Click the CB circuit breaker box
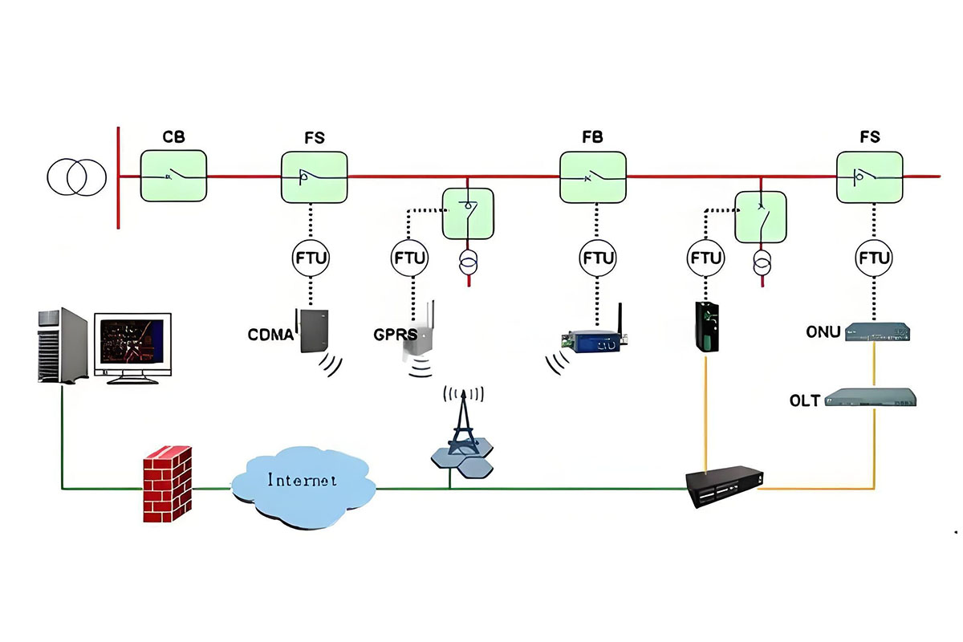coord(173,176)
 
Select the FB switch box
coord(593,177)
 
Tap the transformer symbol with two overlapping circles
coord(77,177)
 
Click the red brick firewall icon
coord(168,485)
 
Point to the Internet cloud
coord(303,481)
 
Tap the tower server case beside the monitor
coord(62,345)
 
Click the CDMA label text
coord(270,335)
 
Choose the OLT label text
coord(806,400)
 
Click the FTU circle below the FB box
coord(598,258)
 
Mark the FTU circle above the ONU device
coord(873,258)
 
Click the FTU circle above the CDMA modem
coord(311,258)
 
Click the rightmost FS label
coord(869,137)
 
